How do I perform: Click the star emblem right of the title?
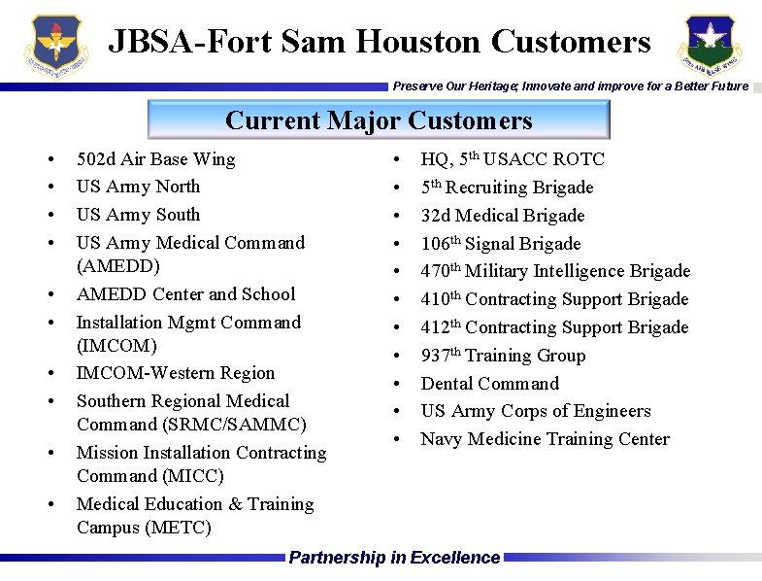pos(709,46)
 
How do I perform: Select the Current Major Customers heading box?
pos(379,120)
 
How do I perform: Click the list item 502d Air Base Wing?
pos(155,159)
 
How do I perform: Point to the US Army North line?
pos(138,187)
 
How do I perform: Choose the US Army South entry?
pos(138,215)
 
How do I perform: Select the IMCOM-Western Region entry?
pos(176,373)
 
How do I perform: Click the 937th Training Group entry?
pos(503,356)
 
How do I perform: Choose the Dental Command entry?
pos(489,384)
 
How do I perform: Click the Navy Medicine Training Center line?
pos(545,439)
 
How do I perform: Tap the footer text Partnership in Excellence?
pos(394,558)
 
